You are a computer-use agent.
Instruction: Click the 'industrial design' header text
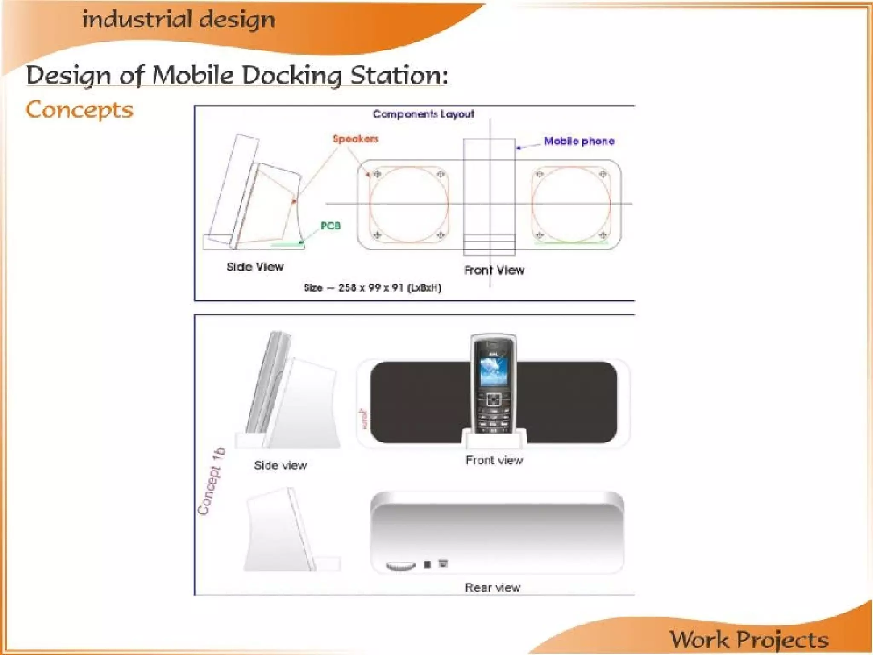click(179, 20)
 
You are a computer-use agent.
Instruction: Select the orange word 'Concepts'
click(79, 110)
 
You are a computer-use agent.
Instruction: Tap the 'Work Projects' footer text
click(749, 639)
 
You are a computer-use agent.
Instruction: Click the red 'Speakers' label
click(355, 139)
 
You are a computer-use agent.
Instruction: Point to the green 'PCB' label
click(331, 226)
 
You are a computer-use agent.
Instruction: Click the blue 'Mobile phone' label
click(579, 141)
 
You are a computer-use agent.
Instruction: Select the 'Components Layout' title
click(423, 114)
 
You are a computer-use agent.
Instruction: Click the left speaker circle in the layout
click(409, 204)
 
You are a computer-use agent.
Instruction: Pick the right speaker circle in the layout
click(571, 204)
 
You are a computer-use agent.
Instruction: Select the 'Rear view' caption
click(492, 588)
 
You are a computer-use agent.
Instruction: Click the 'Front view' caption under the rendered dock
click(494, 460)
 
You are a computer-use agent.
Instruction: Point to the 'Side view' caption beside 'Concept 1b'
click(280, 465)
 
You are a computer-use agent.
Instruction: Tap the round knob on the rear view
click(400, 565)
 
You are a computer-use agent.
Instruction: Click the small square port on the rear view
click(427, 564)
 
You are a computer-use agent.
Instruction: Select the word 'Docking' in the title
click(292, 75)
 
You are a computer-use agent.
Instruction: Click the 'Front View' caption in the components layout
click(494, 270)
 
